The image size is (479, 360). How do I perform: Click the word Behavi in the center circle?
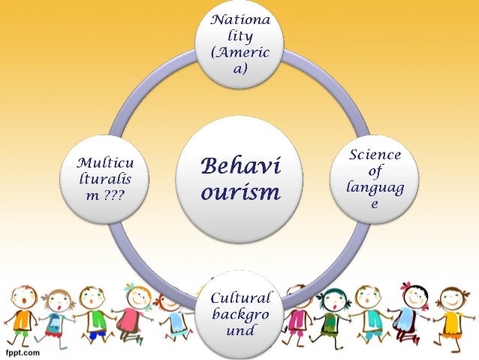tap(239, 167)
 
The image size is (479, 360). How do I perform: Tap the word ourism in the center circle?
tap(239, 192)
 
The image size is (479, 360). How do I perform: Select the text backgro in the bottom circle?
tap(239, 314)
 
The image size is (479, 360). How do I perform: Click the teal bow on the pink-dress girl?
tap(132, 288)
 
